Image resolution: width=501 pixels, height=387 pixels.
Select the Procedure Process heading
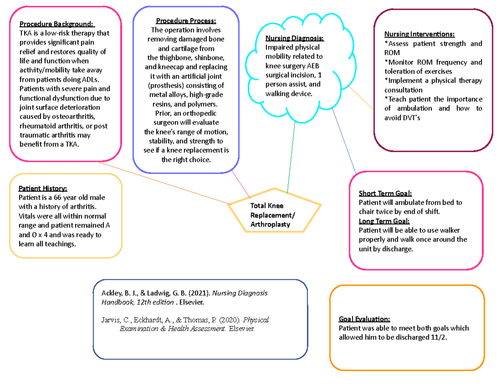[x=186, y=21]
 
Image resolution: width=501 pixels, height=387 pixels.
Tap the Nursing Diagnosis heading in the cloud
[x=294, y=39]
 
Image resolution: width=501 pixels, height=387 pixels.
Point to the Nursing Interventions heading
[x=420, y=34]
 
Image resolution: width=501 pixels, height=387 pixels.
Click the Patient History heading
[x=43, y=188]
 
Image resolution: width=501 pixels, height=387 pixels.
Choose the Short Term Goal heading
[x=385, y=194]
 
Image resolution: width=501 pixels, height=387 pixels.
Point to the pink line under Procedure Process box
[x=242, y=184]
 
